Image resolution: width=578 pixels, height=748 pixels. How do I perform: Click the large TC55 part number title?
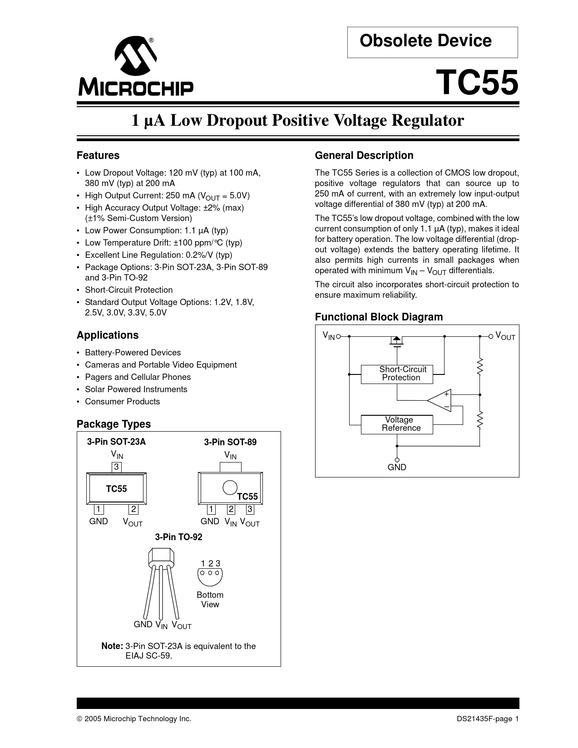(477, 83)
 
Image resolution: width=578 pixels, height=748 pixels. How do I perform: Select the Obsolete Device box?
(432, 42)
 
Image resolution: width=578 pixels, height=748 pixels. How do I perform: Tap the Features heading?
(98, 156)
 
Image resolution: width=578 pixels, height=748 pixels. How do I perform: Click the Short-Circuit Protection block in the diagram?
(397, 374)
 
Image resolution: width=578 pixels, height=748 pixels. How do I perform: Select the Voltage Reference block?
(397, 424)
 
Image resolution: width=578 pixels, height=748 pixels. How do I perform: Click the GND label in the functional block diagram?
(397, 467)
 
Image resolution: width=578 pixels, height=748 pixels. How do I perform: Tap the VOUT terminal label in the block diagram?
(505, 336)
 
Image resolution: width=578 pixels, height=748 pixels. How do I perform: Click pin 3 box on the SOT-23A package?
(117, 467)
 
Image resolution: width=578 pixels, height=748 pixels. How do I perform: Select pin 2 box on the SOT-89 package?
(231, 509)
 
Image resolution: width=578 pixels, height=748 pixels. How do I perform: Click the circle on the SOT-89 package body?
(230, 487)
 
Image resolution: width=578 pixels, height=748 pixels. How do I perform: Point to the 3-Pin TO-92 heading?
(178, 537)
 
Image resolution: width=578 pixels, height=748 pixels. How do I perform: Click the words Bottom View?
(210, 600)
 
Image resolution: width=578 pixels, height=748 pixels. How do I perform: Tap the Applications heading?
(108, 335)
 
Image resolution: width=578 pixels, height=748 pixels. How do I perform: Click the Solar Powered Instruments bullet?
(136, 389)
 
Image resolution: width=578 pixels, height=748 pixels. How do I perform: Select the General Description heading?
(364, 156)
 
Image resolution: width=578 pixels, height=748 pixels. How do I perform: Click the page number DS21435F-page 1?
(488, 719)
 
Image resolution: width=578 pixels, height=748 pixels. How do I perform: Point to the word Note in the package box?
(112, 646)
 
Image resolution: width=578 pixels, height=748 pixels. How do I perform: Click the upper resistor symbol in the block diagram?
(479, 367)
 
